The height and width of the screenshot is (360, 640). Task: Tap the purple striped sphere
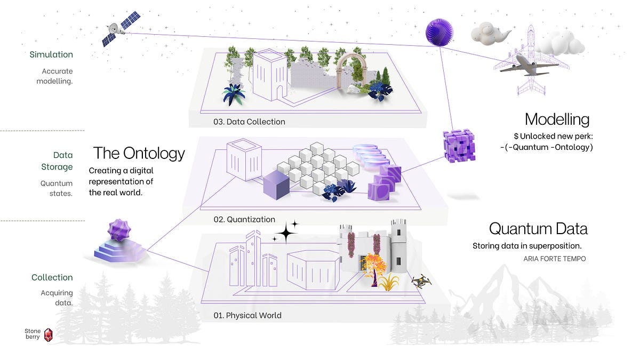pyautogui.click(x=439, y=32)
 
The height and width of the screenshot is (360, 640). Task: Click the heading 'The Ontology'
pyautogui.click(x=139, y=154)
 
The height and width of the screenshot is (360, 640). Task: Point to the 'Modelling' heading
pyautogui.click(x=557, y=119)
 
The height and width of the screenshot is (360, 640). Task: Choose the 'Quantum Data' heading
pyautogui.click(x=538, y=229)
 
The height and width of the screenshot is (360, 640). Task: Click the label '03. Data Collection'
pyautogui.click(x=249, y=122)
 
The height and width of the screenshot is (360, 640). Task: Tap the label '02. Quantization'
pyautogui.click(x=244, y=219)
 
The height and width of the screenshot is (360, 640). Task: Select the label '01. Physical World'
pyautogui.click(x=247, y=315)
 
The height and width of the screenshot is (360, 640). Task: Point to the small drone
pyautogui.click(x=421, y=281)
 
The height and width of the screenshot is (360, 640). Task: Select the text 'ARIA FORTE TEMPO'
pyautogui.click(x=554, y=259)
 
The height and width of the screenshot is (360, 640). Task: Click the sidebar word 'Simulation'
pyautogui.click(x=51, y=54)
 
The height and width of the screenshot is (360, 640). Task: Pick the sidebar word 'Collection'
pyautogui.click(x=52, y=277)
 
